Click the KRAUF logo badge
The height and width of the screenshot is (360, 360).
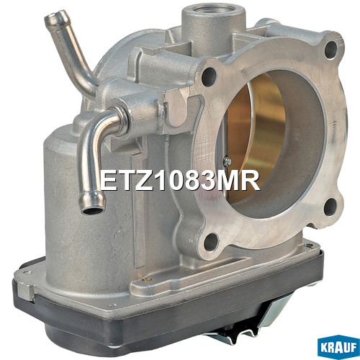pos(338,347)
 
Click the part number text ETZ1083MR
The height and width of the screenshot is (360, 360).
pos(180,181)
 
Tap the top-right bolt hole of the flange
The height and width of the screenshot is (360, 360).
pos(331,50)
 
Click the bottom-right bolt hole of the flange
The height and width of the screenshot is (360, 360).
pos(330,207)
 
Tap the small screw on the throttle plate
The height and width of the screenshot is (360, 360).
pos(227,161)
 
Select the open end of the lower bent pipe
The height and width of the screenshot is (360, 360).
pos(92,210)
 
